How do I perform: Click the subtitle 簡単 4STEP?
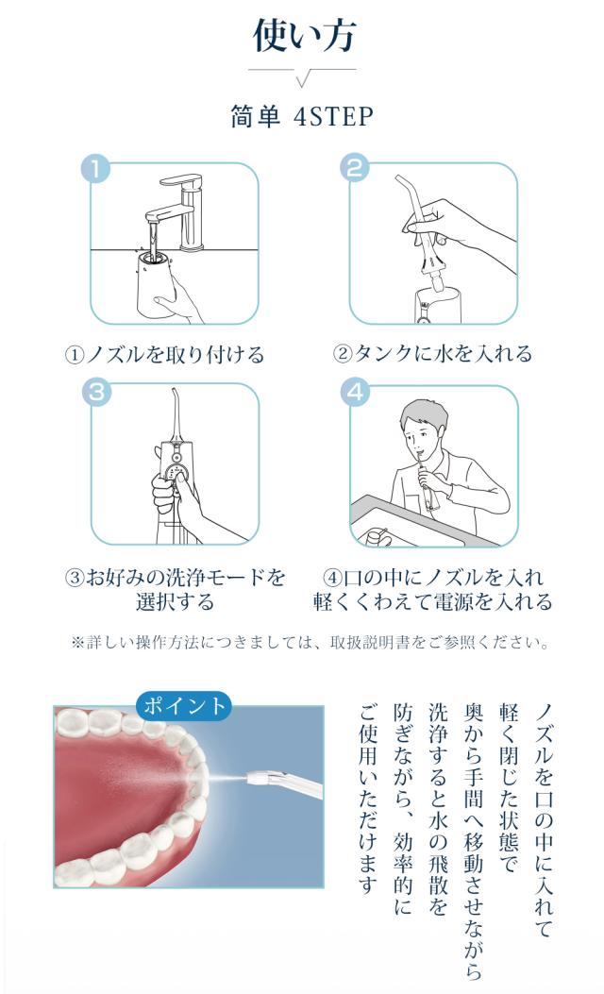click(x=302, y=117)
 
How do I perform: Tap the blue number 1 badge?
click(x=95, y=169)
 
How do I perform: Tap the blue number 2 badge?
click(x=355, y=168)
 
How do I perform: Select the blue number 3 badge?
click(x=96, y=391)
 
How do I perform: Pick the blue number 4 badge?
click(x=355, y=391)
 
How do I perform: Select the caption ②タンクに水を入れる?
click(x=433, y=354)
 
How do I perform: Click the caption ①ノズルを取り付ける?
click(x=165, y=354)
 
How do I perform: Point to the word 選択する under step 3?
click(x=175, y=601)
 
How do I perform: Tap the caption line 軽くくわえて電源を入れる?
click(x=433, y=601)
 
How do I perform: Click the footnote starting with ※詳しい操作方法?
click(x=310, y=643)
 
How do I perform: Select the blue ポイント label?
click(x=184, y=705)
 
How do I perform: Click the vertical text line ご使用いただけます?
click(x=368, y=798)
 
